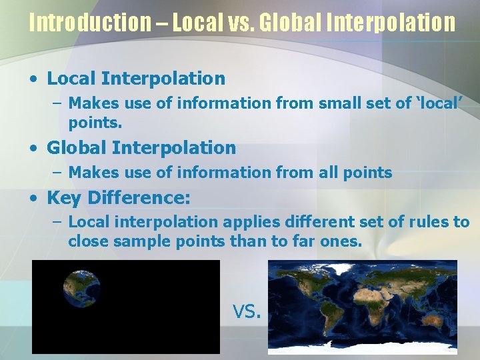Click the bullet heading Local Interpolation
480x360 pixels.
[136, 79]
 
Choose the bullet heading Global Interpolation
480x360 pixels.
[141, 147]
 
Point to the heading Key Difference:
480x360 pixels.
[119, 198]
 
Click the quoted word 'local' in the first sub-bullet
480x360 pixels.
[441, 103]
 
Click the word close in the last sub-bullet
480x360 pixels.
[89, 241]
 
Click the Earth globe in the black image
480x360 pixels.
[82, 288]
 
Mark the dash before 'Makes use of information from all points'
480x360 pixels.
[57, 173]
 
